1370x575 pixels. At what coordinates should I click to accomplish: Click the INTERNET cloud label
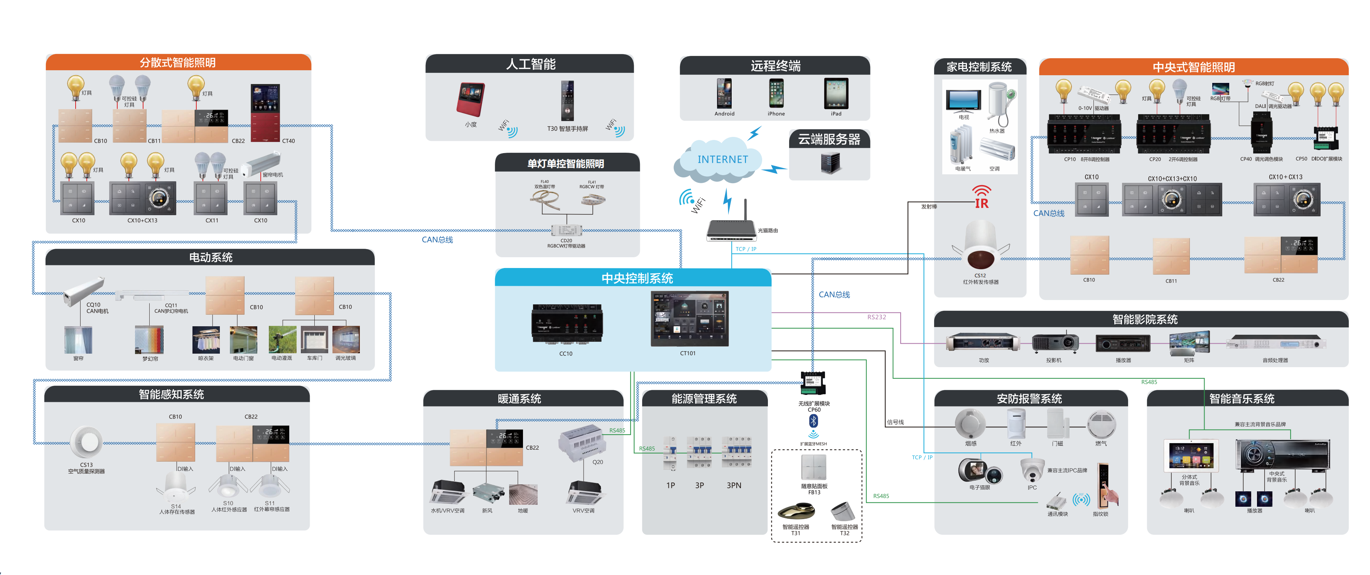tap(722, 160)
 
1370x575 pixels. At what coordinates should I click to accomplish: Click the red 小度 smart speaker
tap(471, 99)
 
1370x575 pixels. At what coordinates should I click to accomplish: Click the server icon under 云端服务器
tap(830, 163)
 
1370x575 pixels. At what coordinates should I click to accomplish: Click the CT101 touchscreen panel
tap(689, 319)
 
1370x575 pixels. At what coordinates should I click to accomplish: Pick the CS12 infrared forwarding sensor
tap(980, 245)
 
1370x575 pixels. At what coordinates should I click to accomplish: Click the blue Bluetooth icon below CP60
tap(813, 421)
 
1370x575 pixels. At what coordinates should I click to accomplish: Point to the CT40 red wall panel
tap(265, 112)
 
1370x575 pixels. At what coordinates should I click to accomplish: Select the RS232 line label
tap(876, 317)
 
